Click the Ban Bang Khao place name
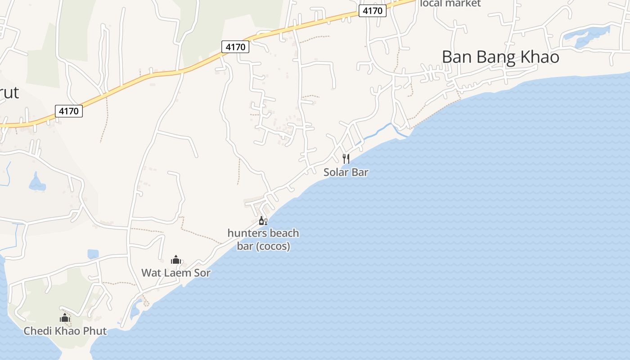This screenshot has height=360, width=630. tap(500, 57)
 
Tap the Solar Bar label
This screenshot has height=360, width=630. tap(346, 172)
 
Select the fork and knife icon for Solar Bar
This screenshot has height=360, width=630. tap(346, 158)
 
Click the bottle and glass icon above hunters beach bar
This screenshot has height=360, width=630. tap(263, 220)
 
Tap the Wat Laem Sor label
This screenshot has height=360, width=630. tap(175, 273)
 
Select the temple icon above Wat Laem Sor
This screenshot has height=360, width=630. tap(175, 260)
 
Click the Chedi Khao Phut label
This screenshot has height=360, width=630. tap(65, 331)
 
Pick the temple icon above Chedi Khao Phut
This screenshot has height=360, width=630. tap(65, 318)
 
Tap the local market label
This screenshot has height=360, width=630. tap(450, 4)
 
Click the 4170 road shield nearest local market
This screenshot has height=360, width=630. tap(373, 11)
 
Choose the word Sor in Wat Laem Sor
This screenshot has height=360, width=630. tap(202, 273)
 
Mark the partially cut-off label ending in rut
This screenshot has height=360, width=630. tap(9, 93)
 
